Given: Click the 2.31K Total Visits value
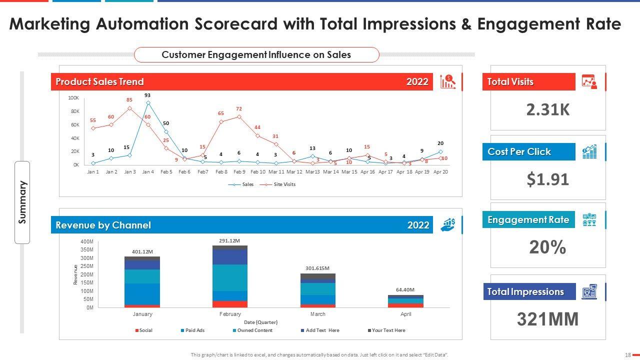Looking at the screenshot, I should pos(548,109).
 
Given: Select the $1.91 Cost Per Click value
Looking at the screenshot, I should pos(548,179).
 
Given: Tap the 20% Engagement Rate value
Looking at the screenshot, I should pos(548,247).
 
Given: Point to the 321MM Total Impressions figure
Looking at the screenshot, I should pos(548,319).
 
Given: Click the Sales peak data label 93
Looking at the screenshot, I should pos(147,95).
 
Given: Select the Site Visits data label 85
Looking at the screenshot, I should pos(129,99).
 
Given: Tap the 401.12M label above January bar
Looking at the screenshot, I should pos(142,251).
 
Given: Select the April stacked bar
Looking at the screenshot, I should pos(405,301).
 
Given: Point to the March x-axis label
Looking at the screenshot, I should pos(317,314).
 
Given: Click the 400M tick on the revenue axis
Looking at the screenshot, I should pos(86,241).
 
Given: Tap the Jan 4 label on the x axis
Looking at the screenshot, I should pos(148,171).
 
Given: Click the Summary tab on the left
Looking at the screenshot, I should pos(22,202).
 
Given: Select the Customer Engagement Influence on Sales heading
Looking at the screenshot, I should pos(256,55).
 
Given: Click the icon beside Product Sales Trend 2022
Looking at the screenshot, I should pos(447,82).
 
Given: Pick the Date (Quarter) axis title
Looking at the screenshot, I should pos(260,322).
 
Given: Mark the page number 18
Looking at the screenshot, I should pos(627,355).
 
